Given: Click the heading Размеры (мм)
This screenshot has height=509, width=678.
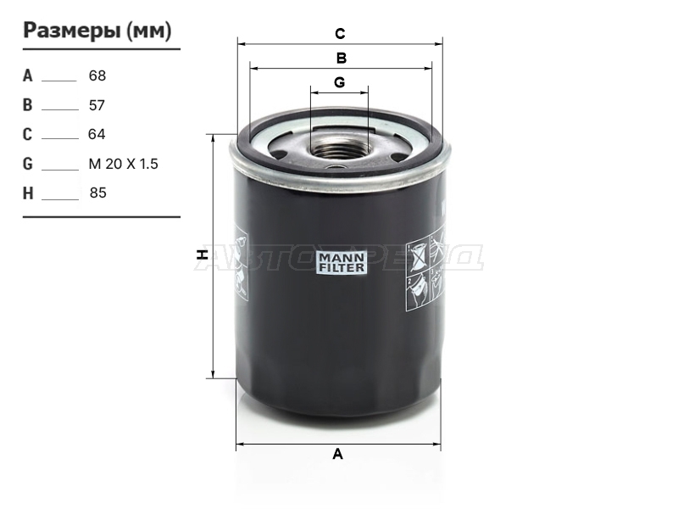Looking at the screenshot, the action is (97, 31).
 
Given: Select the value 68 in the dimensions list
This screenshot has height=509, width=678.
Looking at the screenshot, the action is (97, 76).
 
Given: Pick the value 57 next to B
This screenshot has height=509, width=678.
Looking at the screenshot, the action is (97, 105).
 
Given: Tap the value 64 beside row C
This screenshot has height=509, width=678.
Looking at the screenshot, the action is (97, 134).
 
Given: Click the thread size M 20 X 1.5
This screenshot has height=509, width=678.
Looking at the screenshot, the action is (123, 164).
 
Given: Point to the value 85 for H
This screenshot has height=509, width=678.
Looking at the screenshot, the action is (98, 193).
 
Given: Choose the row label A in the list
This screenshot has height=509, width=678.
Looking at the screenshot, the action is (28, 76).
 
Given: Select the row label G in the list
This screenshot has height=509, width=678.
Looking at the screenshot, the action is (28, 164).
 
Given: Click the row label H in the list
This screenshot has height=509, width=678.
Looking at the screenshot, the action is (28, 193).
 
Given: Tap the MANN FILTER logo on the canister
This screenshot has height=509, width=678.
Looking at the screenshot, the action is (342, 262).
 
